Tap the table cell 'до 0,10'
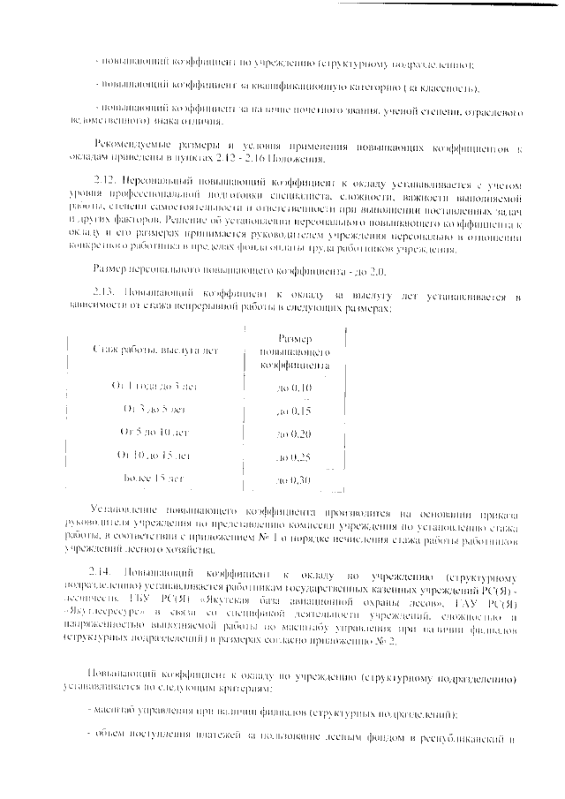point(294,388)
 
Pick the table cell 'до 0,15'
point(294,411)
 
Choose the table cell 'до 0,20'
point(294,434)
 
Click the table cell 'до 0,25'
point(294,457)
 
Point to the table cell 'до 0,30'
point(294,480)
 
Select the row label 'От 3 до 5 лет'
point(154,409)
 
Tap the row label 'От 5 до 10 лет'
point(154,432)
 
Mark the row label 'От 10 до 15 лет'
point(154,455)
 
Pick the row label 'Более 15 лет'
point(154,478)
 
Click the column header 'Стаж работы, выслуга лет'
point(154,351)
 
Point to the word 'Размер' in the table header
point(294,338)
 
